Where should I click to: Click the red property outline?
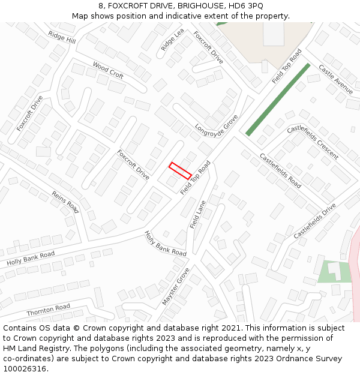180,170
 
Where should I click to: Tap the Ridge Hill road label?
62,37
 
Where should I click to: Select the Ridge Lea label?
172,39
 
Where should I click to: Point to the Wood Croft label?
108,70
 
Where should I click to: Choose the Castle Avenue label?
335,79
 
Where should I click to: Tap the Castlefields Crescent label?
313,142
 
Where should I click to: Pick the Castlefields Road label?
280,170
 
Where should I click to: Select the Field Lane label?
197,214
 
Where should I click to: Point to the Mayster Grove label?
175,287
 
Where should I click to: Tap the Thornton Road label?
48,310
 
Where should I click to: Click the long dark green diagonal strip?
278,100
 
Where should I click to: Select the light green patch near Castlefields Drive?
332,271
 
